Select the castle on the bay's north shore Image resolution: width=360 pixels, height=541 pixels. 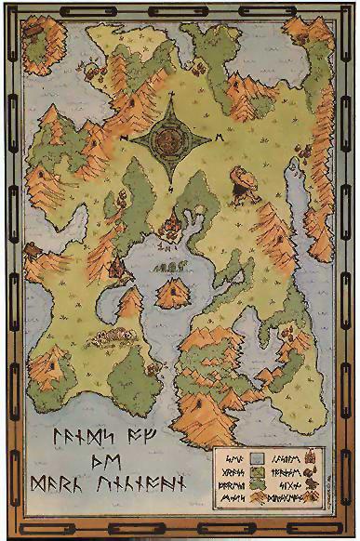click(173, 226)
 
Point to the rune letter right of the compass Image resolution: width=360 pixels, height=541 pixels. click(220, 138)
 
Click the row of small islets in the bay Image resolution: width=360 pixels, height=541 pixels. click(169, 267)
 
